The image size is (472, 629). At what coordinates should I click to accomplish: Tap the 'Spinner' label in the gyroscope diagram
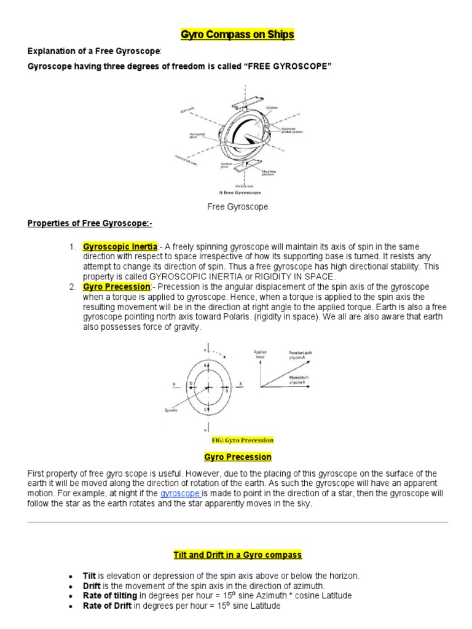tap(272, 107)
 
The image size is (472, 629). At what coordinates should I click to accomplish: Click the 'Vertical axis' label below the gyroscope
tap(245, 186)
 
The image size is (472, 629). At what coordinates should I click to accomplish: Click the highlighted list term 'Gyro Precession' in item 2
tap(116, 287)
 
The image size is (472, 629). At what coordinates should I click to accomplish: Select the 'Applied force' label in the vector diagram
tap(261, 354)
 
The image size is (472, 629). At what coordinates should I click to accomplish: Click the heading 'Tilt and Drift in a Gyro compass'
tap(237, 555)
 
